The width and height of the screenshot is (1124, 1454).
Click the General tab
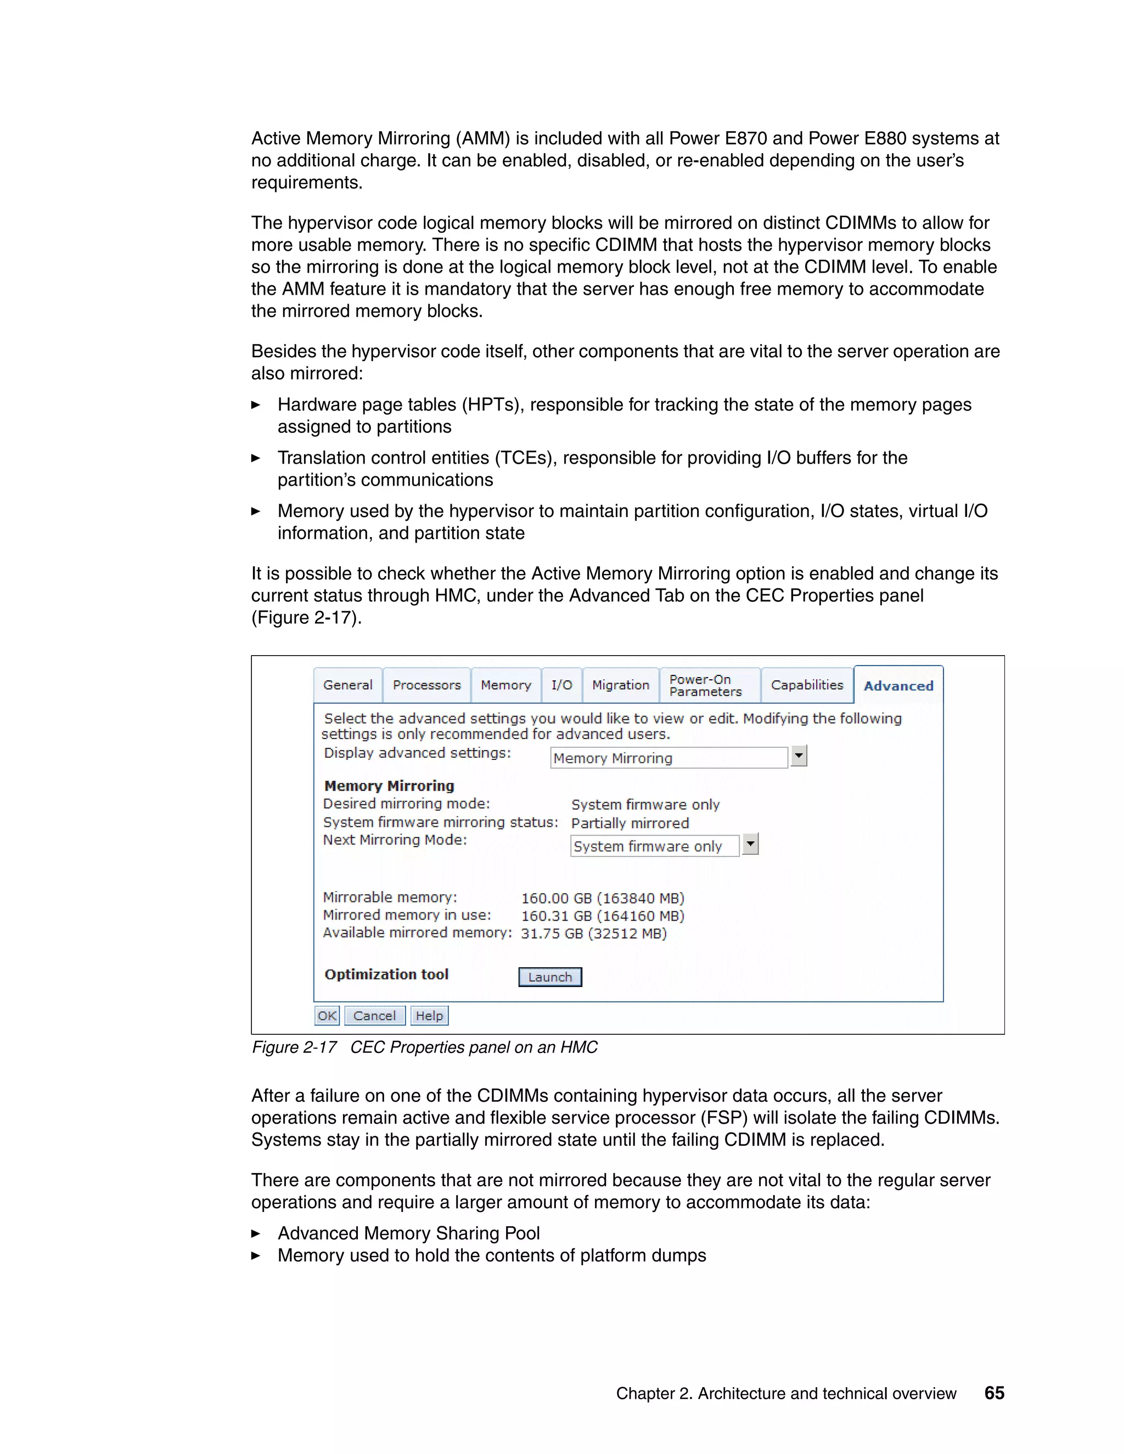tap(347, 685)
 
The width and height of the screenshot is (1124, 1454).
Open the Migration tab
tap(620, 685)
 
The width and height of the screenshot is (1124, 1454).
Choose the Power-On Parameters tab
tap(705, 685)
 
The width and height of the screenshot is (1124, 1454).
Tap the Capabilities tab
tap(806, 685)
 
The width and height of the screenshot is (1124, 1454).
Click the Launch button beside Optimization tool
tap(550, 977)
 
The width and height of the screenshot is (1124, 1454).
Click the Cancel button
tap(374, 1015)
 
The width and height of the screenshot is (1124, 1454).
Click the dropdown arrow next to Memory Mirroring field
tap(799, 756)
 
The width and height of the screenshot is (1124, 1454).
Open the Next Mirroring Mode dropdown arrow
tap(750, 844)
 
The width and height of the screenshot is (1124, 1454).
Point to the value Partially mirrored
tap(630, 823)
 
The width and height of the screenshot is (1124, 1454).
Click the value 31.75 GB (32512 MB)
tap(593, 933)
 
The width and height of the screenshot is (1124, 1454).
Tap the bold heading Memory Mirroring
tap(389, 786)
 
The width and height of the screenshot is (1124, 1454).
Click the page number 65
tap(994, 1393)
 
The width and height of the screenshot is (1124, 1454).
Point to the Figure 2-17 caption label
tap(294, 1047)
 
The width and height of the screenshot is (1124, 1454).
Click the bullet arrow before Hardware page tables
tap(256, 405)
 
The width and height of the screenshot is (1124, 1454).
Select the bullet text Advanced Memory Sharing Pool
tap(408, 1233)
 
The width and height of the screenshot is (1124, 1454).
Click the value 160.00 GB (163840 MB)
tap(603, 898)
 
